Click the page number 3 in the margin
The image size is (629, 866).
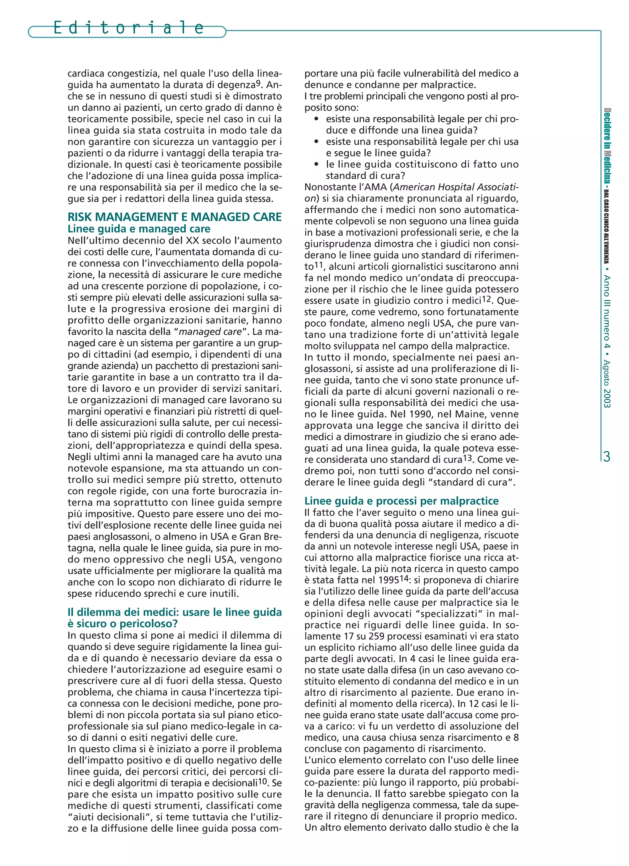pyautogui.click(x=607, y=456)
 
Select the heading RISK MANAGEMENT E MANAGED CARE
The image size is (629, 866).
pyautogui.click(x=174, y=217)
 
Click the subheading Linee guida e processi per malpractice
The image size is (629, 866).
pyautogui.click(x=401, y=501)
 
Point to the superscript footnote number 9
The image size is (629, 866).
pyautogui.click(x=258, y=83)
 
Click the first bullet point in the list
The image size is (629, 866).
pyautogui.click(x=316, y=119)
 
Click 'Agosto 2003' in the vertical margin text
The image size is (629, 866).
pyautogui.click(x=607, y=384)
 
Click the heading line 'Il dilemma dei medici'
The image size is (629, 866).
pyautogui.click(x=174, y=612)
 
